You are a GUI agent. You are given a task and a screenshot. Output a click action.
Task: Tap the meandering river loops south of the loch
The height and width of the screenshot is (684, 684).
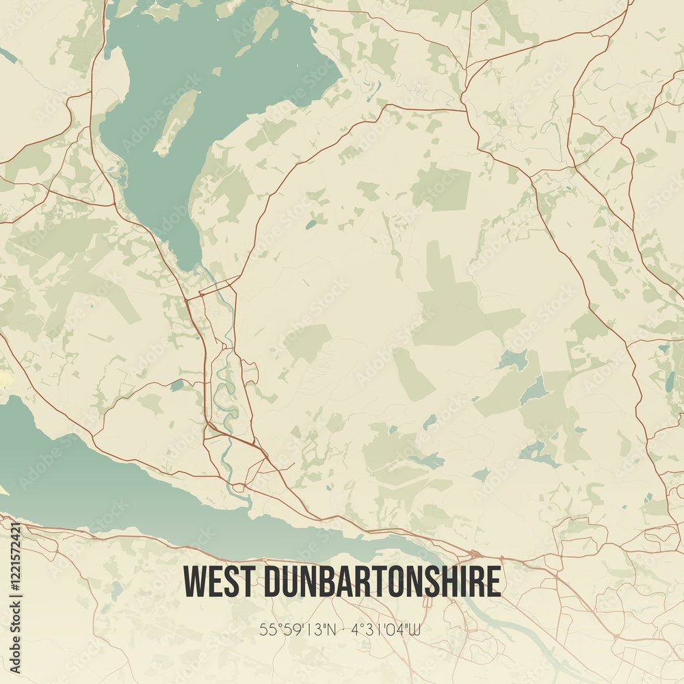230,390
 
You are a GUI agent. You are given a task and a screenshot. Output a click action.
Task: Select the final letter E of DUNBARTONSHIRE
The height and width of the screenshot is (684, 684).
494,581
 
